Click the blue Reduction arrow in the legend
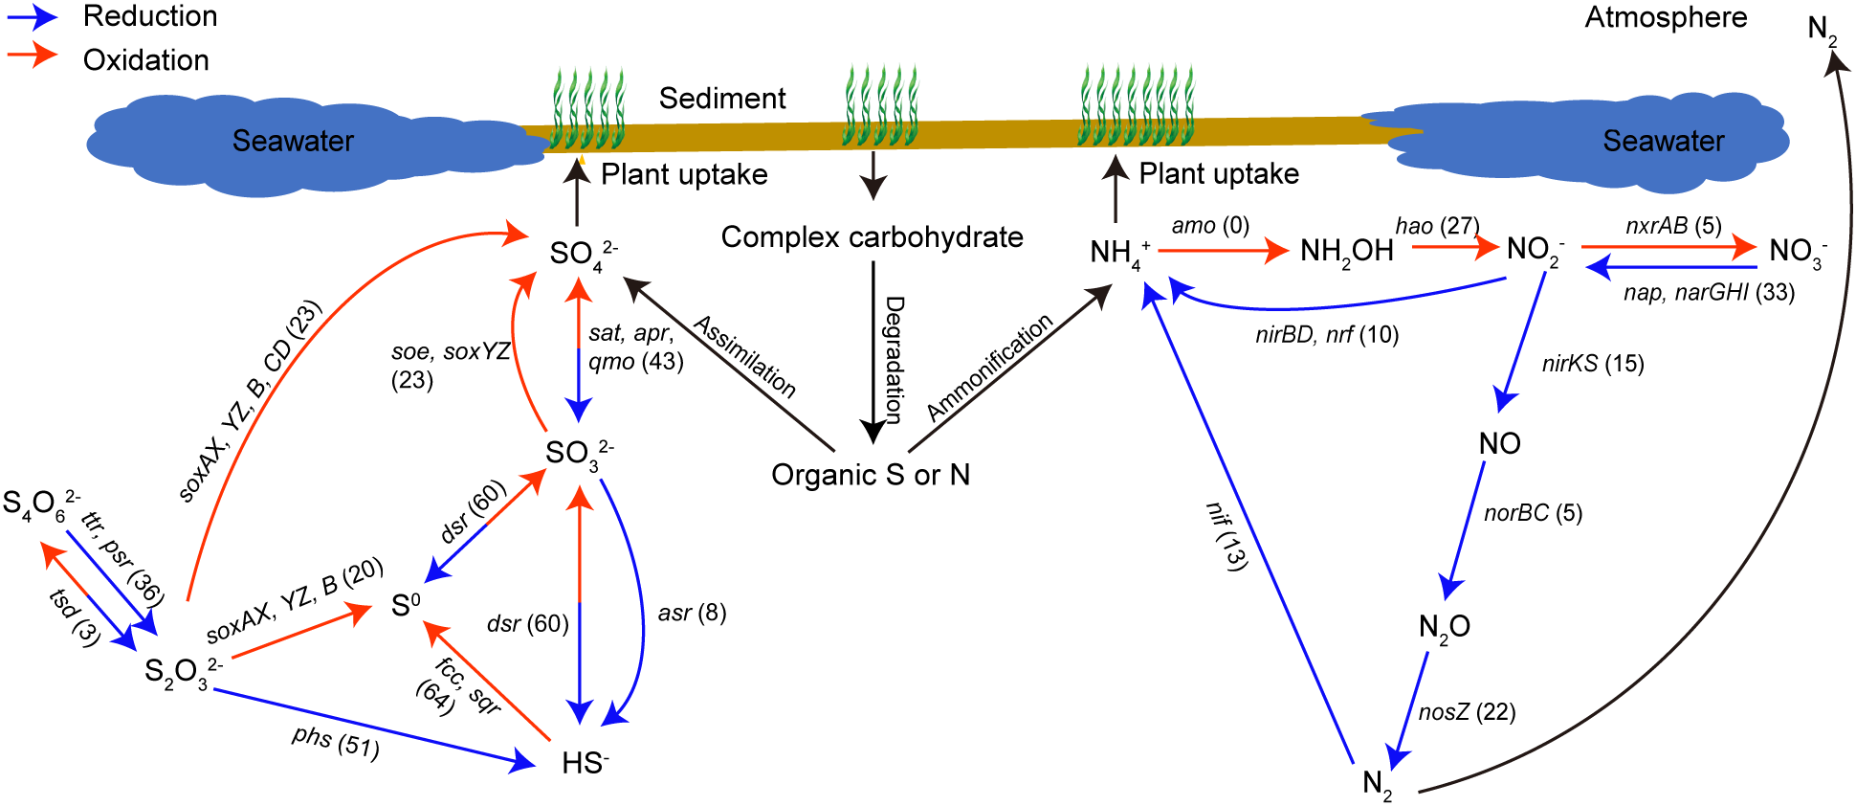coord(33,16)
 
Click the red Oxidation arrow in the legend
coord(33,56)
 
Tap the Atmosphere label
coord(1666,17)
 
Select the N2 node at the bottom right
coord(1377,784)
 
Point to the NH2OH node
coord(1346,252)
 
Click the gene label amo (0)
coord(1210,226)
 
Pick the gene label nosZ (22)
coord(1467,712)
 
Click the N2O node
coord(1444,628)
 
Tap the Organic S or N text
coord(871,475)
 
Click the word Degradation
coord(894,359)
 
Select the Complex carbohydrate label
coord(872,237)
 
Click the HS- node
coord(585,763)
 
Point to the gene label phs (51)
coord(336,741)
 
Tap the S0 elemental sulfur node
coord(405,605)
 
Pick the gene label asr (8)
coord(692,613)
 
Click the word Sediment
coord(722,98)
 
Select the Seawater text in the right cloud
coord(1663,141)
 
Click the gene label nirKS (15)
coord(1593,364)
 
